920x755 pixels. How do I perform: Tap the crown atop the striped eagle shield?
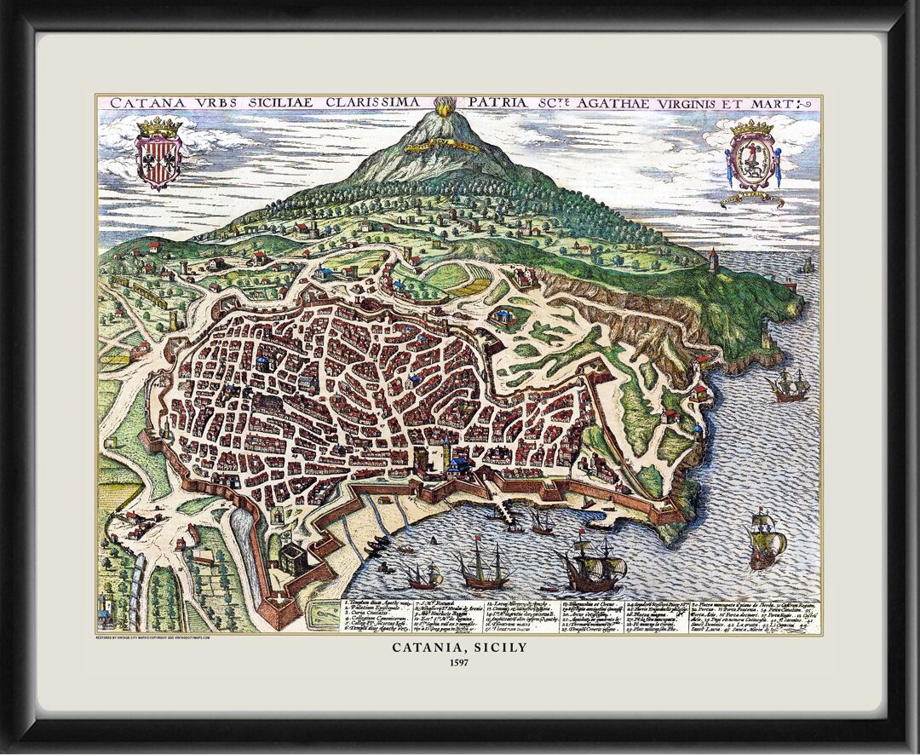[x=159, y=128]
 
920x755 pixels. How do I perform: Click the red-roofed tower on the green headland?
[x=713, y=259]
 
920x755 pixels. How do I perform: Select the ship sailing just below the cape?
[x=789, y=388]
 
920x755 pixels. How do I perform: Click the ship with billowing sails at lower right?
[x=766, y=539]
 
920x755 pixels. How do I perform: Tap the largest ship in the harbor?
[x=592, y=567]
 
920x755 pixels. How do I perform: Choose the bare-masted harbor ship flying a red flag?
[x=481, y=569]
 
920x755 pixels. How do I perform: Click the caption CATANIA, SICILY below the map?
[x=459, y=648]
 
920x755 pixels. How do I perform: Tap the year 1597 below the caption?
[x=459, y=662]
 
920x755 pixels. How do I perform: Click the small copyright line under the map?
[x=153, y=636]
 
